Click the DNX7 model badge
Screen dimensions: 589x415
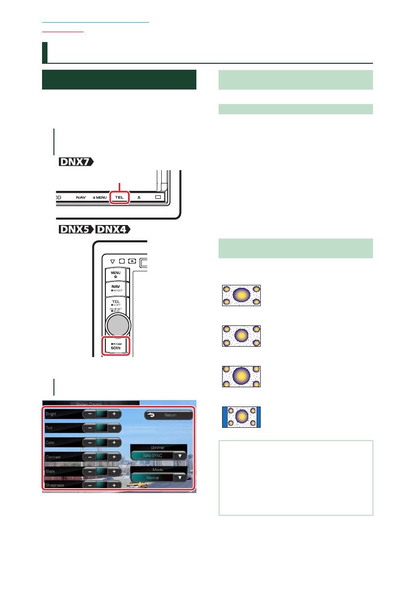pos(76,162)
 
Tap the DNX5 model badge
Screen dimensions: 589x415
pos(76,231)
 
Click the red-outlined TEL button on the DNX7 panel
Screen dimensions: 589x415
pos(119,197)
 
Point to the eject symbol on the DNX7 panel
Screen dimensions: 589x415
pos(139,197)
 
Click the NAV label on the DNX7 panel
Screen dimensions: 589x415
pos(81,197)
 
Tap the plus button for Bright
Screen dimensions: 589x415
pos(114,413)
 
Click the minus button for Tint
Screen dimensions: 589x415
pos(90,428)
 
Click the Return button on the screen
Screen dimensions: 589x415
pos(168,415)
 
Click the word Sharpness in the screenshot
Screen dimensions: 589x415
pos(55,485)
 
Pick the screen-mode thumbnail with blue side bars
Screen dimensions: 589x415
pos(241,417)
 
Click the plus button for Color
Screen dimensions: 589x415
pos(114,442)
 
